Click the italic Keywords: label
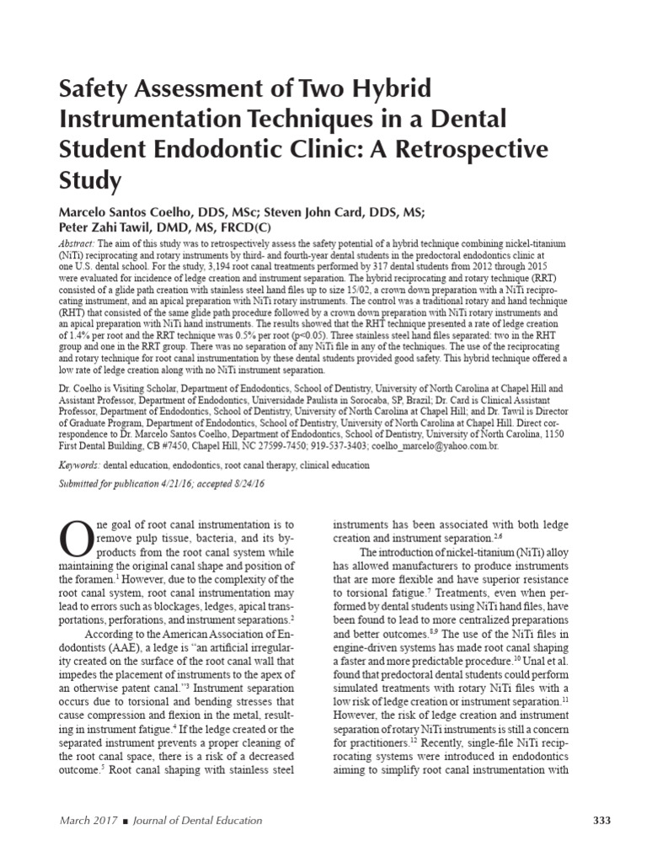point(79,465)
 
